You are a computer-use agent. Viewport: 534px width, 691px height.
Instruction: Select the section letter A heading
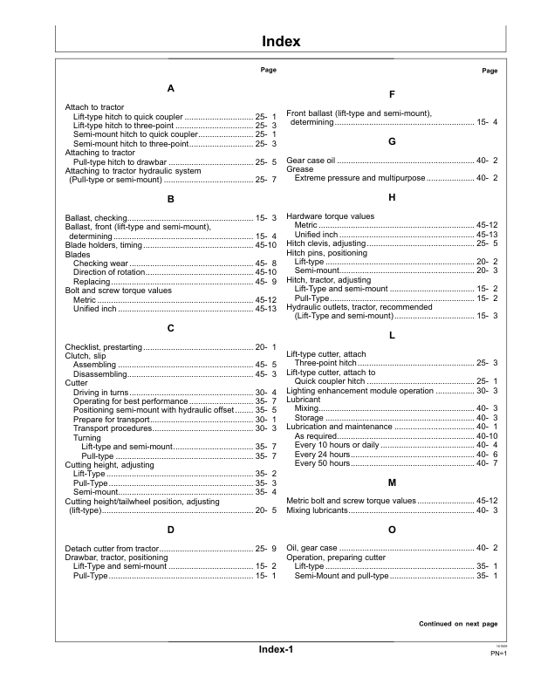(170, 89)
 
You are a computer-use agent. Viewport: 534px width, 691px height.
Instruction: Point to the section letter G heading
(392, 141)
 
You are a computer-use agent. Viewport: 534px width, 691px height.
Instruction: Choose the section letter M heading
(392, 482)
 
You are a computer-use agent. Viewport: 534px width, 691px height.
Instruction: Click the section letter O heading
(392, 530)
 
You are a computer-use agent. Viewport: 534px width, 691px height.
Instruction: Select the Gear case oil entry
(311, 161)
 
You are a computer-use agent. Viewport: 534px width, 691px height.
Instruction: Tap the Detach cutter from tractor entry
(113, 549)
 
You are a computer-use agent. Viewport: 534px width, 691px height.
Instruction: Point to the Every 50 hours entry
(322, 463)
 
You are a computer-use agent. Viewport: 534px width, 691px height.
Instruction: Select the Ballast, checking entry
(96, 217)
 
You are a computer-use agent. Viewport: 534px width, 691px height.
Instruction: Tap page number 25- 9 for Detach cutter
(265, 549)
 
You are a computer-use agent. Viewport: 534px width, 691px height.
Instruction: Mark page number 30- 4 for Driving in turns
(265, 393)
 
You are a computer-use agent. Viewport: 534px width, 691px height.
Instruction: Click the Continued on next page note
(458, 625)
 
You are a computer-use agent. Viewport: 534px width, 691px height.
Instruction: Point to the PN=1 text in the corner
(488, 653)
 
